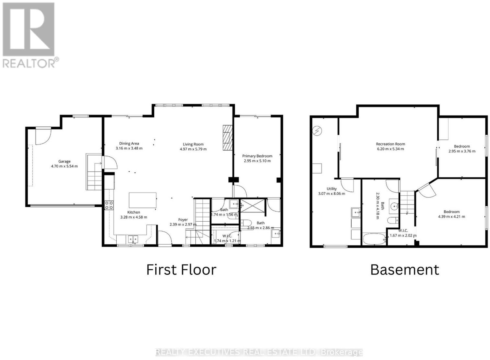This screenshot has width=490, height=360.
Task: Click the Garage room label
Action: (x=64, y=161)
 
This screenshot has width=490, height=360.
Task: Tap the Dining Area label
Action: (x=129, y=144)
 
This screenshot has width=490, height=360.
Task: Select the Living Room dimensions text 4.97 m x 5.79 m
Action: (x=193, y=149)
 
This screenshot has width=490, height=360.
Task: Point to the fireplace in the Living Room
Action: (x=228, y=137)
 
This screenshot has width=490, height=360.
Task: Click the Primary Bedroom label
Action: (x=257, y=156)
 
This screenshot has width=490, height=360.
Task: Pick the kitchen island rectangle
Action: (x=143, y=200)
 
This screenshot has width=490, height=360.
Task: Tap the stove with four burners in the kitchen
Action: (x=109, y=205)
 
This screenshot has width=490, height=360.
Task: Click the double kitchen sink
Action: (x=133, y=239)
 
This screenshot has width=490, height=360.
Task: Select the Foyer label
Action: (x=183, y=219)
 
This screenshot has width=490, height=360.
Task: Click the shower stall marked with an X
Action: (x=252, y=206)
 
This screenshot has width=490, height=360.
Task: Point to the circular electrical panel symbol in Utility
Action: (x=317, y=131)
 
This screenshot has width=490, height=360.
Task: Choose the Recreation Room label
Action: (x=390, y=144)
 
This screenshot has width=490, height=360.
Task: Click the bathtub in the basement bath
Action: (x=374, y=239)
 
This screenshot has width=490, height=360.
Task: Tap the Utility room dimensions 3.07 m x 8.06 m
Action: (x=331, y=193)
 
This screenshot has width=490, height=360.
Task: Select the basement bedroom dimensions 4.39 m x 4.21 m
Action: (x=451, y=217)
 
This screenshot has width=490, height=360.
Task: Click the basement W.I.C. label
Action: (x=403, y=231)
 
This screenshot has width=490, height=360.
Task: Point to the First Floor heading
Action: (x=181, y=270)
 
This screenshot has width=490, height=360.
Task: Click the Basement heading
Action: (x=405, y=270)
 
